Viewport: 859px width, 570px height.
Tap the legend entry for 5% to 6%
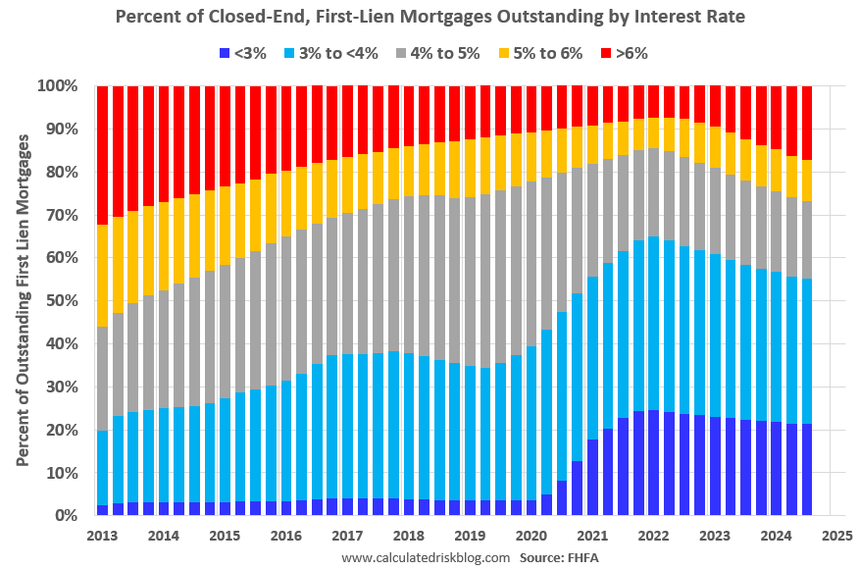(x=540, y=53)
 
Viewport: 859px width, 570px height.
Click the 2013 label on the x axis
(x=102, y=536)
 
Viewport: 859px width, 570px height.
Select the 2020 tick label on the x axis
(x=531, y=536)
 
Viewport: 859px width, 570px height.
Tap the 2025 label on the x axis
(x=836, y=536)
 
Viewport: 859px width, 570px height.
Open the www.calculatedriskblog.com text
(x=426, y=557)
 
